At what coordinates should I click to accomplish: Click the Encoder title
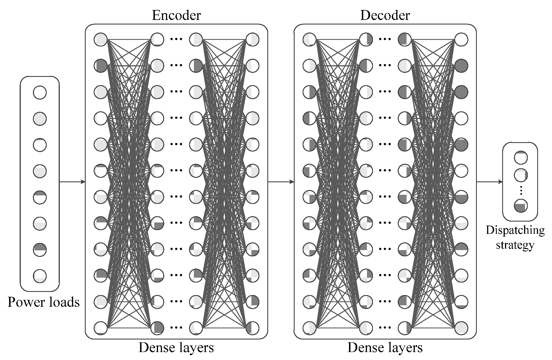coord(176,15)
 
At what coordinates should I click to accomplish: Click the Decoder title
coord(385,15)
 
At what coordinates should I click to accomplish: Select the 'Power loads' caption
coord(44,302)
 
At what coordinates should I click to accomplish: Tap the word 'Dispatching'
coord(515,230)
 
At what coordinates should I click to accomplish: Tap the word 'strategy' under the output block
coord(515,245)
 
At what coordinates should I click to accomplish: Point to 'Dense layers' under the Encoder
coord(176,348)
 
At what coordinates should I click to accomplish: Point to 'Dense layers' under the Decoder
coord(385,348)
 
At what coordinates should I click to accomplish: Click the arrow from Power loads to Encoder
coord(72,182)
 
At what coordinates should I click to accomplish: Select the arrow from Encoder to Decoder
coord(281,182)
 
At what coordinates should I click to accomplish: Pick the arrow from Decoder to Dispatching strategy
coord(489,182)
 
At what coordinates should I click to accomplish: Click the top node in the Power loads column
coord(40,93)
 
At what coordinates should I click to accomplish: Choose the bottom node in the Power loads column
coord(40,276)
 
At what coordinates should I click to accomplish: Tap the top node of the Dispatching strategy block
coord(521,158)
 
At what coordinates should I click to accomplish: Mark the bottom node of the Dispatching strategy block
coord(521,206)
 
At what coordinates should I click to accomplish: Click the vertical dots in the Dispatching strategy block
coord(521,190)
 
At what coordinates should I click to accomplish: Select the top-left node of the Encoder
coord(100,39)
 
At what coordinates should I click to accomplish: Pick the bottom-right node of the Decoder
coord(461,328)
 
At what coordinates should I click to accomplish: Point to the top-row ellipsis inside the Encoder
coord(176,39)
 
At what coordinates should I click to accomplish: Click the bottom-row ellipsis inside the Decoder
coord(385,328)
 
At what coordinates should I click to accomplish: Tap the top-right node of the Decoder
coord(461,39)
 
